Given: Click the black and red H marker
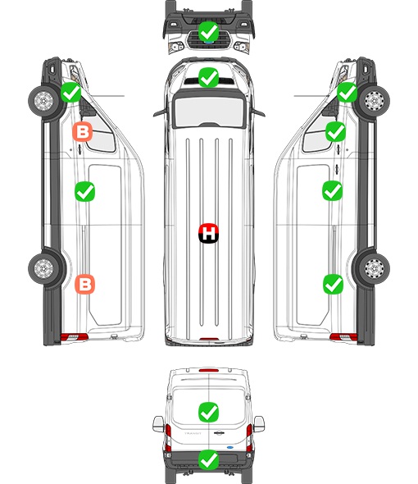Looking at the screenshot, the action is [x=208, y=234].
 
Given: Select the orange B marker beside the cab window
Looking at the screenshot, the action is [x=82, y=132].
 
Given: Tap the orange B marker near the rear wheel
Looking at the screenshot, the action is [x=85, y=284].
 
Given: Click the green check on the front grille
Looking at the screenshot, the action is [x=208, y=31].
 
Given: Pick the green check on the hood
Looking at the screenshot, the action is [x=208, y=77].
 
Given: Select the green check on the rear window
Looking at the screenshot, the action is [x=208, y=412].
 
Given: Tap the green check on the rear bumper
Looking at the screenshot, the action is [x=208, y=459].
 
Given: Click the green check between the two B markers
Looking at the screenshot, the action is [x=85, y=192].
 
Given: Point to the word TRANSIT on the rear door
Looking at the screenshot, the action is [x=193, y=433].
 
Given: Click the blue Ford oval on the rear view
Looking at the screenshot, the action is [x=230, y=447].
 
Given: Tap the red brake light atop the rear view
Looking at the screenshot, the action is [x=209, y=370].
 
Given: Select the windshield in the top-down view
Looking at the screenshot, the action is [x=209, y=112].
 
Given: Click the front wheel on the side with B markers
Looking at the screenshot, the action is [x=43, y=101].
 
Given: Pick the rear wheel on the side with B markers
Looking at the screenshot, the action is [x=43, y=268].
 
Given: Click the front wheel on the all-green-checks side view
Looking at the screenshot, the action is [x=375, y=101].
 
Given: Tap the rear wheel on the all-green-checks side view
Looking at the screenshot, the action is [x=375, y=268].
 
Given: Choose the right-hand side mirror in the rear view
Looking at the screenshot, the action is [x=259, y=424].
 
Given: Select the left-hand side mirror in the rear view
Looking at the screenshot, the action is [x=158, y=424].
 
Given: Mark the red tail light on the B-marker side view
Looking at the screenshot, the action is [x=74, y=337].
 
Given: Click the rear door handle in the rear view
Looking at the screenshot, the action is [x=219, y=433].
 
